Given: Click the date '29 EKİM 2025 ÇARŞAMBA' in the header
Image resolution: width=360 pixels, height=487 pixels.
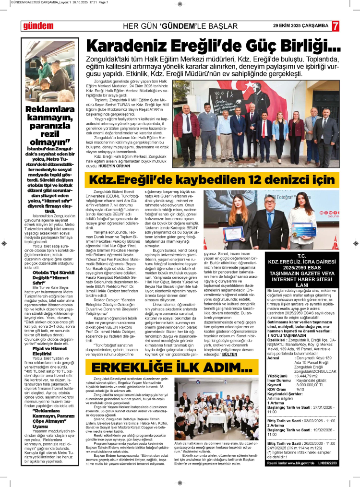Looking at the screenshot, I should click(x=300, y=25).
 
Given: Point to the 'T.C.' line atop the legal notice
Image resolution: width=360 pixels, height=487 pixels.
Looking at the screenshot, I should click(x=302, y=256).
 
